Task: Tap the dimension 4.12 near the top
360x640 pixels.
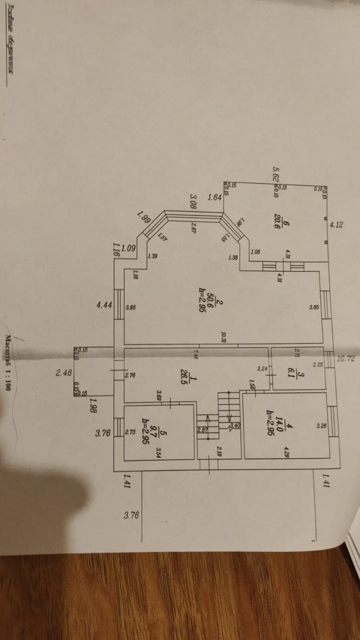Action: pos(336,225)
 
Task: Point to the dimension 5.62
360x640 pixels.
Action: pos(276,174)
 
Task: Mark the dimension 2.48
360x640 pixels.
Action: pos(64,373)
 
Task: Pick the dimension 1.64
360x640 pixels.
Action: pos(215,197)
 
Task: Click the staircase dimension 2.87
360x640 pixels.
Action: pos(202,430)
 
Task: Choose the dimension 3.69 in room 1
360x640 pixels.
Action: pos(159,396)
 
